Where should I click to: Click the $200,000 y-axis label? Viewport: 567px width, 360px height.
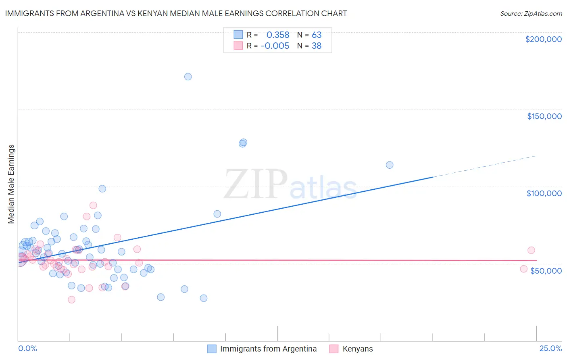[x=543, y=39]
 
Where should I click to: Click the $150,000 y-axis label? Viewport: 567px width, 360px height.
[x=544, y=116]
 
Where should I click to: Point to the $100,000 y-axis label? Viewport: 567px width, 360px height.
[x=544, y=193]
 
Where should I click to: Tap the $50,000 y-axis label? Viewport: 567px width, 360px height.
[x=546, y=270]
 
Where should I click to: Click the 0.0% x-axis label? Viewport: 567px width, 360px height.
[x=27, y=348]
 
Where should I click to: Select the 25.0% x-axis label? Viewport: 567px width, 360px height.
[x=550, y=348]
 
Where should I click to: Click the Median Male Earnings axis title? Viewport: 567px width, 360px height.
[x=11, y=184]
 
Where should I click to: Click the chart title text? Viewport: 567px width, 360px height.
[x=176, y=13]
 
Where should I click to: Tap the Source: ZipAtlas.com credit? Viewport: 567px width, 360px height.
[x=531, y=14]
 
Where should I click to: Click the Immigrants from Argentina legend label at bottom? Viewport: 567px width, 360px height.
[x=268, y=349]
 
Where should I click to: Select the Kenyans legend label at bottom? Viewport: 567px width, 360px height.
[x=357, y=349]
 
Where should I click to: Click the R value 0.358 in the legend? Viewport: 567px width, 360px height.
[x=277, y=35]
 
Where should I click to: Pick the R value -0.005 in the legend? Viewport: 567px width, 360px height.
[x=275, y=46]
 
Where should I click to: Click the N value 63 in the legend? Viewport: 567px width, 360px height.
[x=317, y=35]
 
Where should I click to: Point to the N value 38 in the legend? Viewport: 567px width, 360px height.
[x=317, y=46]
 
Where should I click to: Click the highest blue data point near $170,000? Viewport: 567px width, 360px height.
[x=188, y=77]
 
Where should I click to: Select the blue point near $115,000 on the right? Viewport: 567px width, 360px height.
[x=390, y=165]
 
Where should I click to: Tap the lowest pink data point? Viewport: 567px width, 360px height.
[x=71, y=299]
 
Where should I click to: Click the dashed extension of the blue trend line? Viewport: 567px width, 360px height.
[x=484, y=166]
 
